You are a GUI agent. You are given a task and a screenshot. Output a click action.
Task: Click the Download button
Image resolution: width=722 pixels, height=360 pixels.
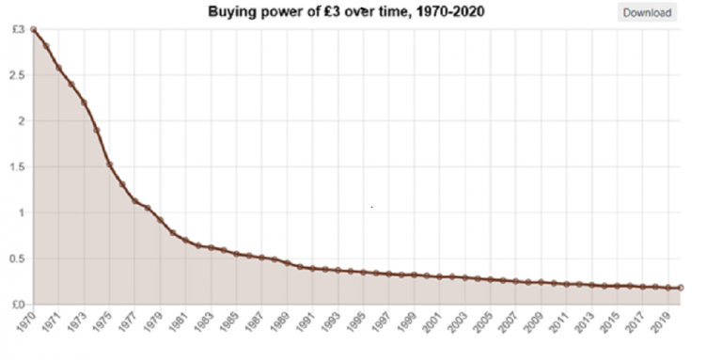point(647,13)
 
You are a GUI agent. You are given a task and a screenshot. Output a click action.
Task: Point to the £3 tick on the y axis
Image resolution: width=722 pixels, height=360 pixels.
point(19,29)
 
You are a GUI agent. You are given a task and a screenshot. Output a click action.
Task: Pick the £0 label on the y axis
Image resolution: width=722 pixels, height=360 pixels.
point(18,305)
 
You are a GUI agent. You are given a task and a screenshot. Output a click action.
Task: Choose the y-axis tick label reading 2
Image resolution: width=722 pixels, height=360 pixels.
point(22,121)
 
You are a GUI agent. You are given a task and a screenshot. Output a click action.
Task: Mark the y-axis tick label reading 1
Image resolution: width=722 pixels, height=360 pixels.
point(22,213)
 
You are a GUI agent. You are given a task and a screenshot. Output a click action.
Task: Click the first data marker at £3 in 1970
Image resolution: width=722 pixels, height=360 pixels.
point(34,29)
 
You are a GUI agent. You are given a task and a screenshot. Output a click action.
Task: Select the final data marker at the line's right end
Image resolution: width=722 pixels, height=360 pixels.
point(681,288)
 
